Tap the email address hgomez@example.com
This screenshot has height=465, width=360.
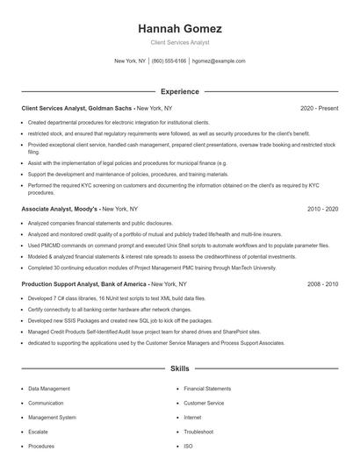point(219,61)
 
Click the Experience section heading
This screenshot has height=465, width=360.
point(179,91)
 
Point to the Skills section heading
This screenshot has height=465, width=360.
point(179,369)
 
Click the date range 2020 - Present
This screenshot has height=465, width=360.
point(319,108)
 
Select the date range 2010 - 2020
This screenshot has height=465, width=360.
point(322,210)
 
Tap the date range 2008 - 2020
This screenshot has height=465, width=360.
point(322,285)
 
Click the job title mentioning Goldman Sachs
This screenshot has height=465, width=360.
point(76,108)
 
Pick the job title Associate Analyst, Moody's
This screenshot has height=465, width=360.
point(60,210)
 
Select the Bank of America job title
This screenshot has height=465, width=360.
point(84,285)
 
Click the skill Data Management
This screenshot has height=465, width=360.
point(49,388)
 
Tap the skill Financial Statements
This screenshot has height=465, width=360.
point(207,388)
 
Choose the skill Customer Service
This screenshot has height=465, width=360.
point(204,403)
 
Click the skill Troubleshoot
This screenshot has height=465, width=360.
point(198,432)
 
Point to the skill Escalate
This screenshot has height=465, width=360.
point(39,432)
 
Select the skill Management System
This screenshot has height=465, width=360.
point(52,418)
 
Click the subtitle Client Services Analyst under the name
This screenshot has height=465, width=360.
point(179,42)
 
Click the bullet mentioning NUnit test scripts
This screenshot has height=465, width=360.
point(123,299)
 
